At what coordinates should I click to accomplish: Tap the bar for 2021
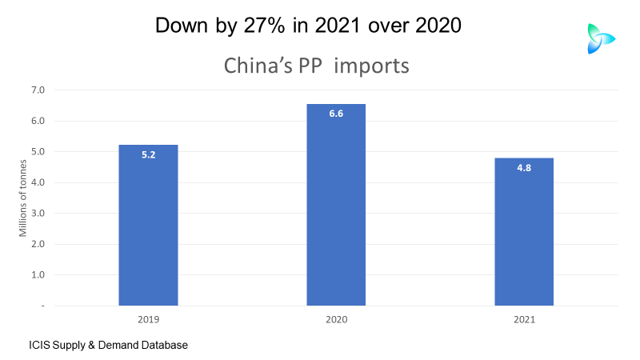524,232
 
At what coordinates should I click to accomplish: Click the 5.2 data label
148,154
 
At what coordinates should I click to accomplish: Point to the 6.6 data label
336,114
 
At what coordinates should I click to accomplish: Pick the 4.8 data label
524,168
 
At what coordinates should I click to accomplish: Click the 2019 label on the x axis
148,319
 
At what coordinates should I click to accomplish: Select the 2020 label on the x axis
336,319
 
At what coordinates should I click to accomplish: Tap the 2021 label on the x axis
524,319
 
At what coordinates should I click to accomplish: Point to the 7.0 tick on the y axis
38,90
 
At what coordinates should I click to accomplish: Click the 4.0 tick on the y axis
38,182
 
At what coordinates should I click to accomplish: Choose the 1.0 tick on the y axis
38,275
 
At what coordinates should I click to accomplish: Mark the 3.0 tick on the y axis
38,214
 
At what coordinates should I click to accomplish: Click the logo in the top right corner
599,38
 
